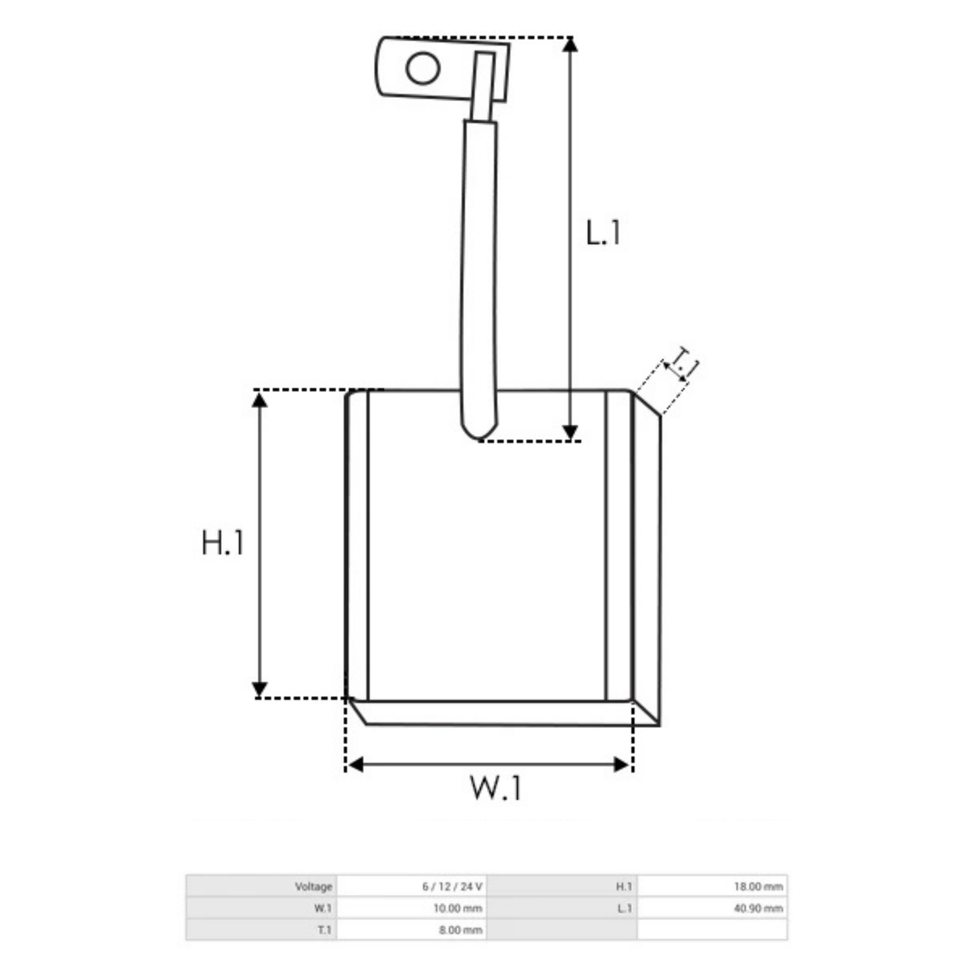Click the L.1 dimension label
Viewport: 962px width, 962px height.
coord(603,232)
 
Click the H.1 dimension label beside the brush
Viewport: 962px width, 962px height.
coord(222,543)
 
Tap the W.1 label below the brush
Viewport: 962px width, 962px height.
coord(495,788)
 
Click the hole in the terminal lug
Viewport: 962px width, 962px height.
coord(422,68)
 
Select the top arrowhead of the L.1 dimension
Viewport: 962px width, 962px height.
coord(570,45)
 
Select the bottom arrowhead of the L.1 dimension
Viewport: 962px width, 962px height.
coord(570,432)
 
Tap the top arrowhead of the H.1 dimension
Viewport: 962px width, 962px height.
coord(259,400)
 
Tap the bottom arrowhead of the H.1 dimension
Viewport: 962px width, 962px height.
coord(259,689)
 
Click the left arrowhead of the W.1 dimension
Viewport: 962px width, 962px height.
coord(356,764)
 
